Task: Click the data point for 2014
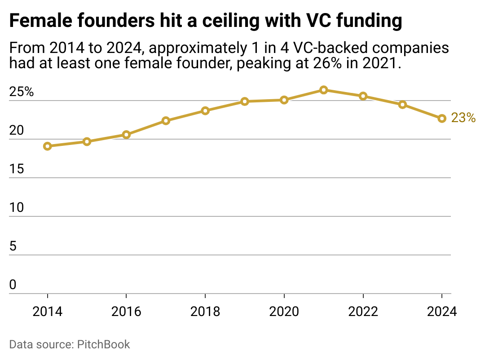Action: click(x=47, y=146)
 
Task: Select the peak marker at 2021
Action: click(x=323, y=90)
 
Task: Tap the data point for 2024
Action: click(x=442, y=119)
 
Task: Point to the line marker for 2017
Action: click(x=166, y=121)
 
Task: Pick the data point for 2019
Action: click(x=245, y=101)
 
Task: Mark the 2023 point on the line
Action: click(x=402, y=105)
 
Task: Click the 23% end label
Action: click(x=463, y=118)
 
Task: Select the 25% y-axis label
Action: click(x=22, y=92)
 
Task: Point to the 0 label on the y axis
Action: click(x=13, y=285)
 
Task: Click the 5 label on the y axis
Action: click(x=13, y=246)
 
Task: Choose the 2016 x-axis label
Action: click(x=126, y=312)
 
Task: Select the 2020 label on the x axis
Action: click(x=284, y=312)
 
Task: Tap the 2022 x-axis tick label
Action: click(x=363, y=312)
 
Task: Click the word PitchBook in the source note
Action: click(x=104, y=345)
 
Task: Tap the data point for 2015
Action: click(x=87, y=142)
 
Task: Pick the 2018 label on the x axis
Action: click(x=205, y=312)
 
